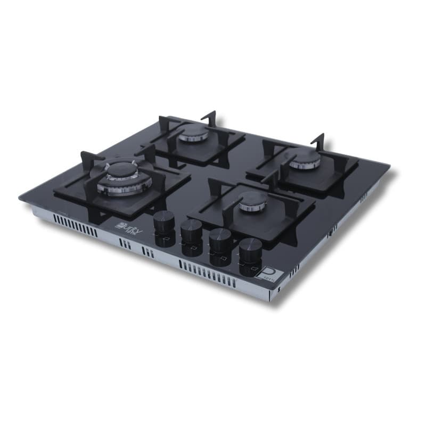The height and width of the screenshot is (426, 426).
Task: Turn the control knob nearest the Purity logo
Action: (163, 220)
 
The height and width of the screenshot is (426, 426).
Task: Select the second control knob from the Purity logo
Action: (191, 228)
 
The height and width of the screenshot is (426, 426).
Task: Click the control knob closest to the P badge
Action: (250, 248)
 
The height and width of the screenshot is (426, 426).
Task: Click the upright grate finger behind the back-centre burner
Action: (210, 118)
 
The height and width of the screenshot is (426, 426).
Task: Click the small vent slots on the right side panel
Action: (333, 230)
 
